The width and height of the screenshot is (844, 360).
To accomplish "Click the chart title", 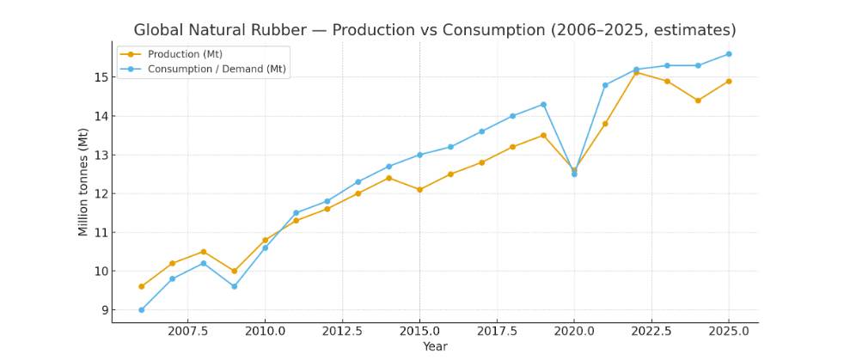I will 435,30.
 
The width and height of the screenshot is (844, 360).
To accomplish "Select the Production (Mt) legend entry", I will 186,54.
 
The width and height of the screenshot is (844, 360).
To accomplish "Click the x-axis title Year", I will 435,346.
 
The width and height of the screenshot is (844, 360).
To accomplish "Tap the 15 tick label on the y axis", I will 101,77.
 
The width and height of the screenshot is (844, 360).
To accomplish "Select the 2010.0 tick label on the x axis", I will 265,331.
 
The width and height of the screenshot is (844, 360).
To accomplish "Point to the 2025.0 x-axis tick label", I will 729,331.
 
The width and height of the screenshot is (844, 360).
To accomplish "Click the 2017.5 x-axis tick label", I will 497,331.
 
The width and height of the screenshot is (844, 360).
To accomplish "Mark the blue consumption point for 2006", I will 141,310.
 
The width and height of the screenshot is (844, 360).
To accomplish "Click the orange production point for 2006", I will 141,287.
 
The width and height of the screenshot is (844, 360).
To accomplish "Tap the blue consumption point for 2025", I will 729,54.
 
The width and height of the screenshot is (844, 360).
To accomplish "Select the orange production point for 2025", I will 729,82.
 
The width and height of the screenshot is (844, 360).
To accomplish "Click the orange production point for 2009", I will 234,272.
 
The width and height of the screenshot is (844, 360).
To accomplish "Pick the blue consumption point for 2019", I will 543,105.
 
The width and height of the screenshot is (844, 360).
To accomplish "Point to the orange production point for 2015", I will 419,190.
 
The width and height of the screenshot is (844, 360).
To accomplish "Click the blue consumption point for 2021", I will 605,85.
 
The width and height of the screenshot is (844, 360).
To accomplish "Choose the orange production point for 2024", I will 698,101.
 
